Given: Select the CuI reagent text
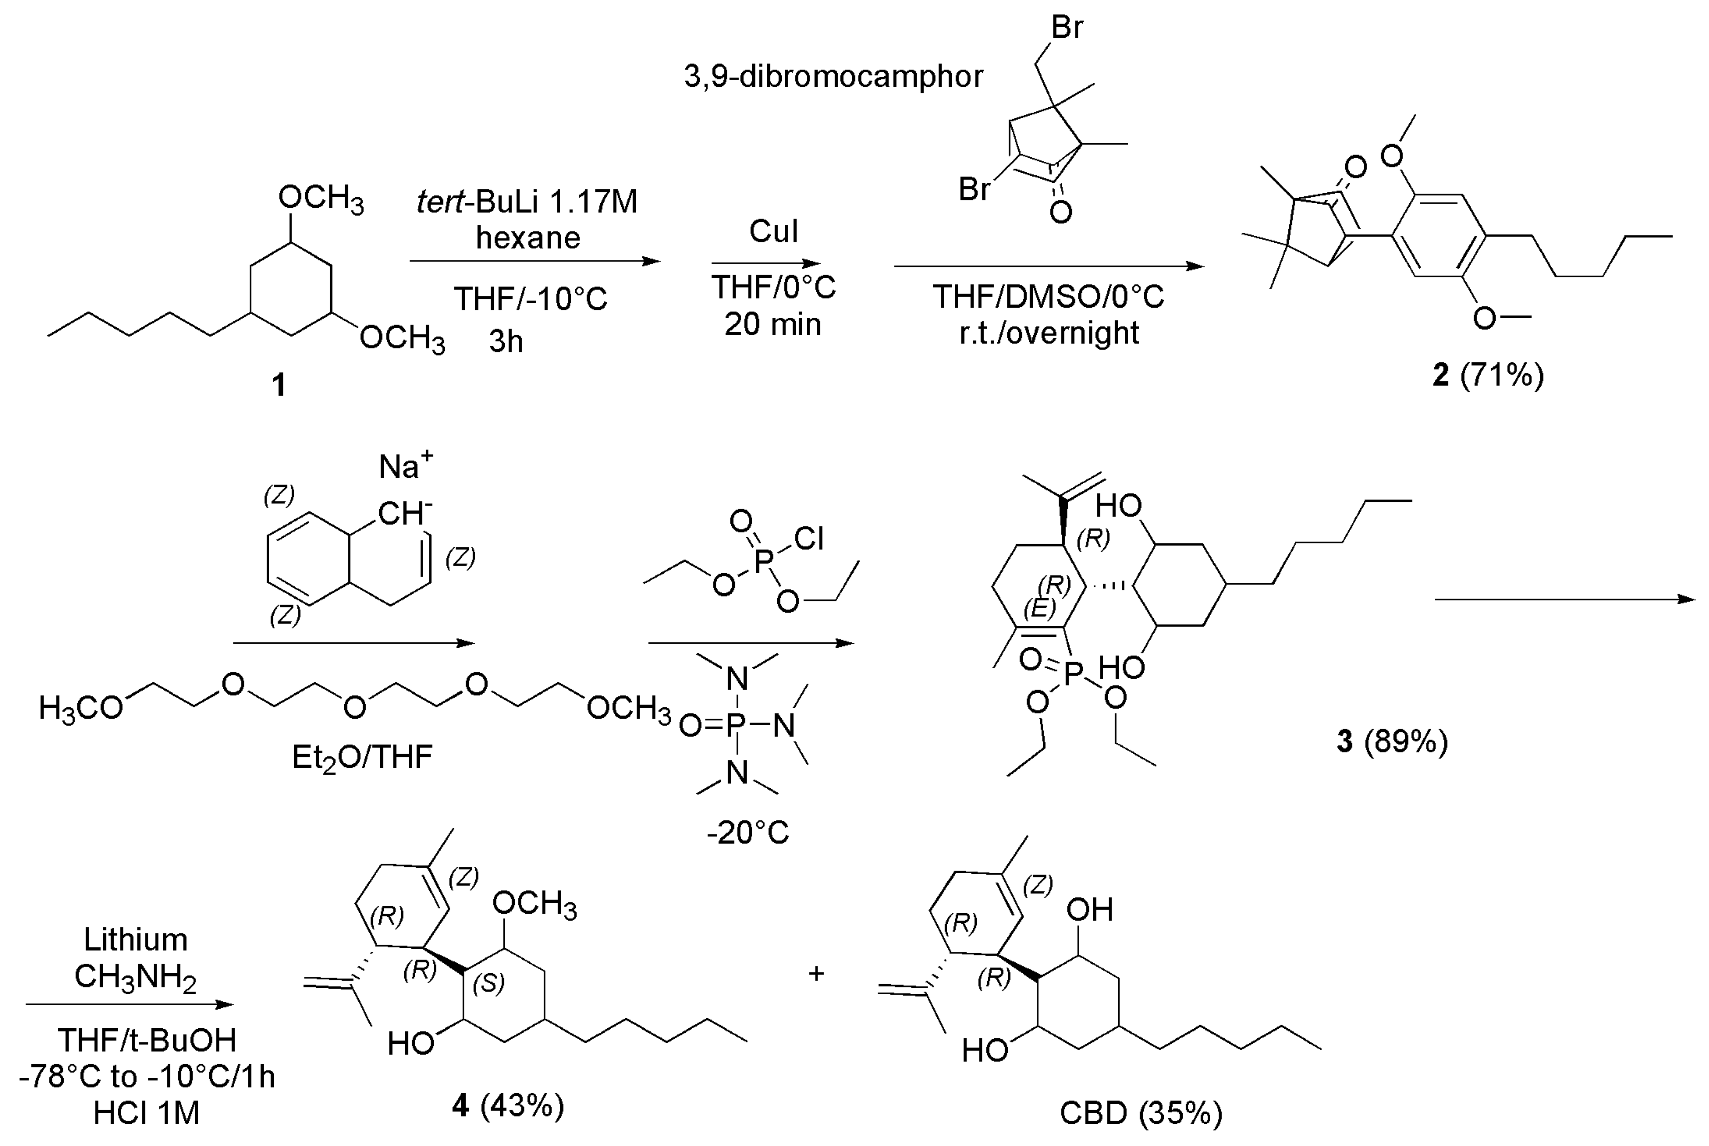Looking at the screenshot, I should pyautogui.click(x=774, y=232).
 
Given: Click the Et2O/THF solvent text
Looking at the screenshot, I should pyautogui.click(x=362, y=757).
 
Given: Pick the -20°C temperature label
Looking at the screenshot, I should pyautogui.click(x=748, y=832).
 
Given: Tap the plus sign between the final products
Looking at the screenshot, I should pyautogui.click(x=816, y=974).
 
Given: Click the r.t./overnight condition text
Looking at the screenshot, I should pyautogui.click(x=1049, y=333).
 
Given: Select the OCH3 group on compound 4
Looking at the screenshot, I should pyautogui.click(x=534, y=904).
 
